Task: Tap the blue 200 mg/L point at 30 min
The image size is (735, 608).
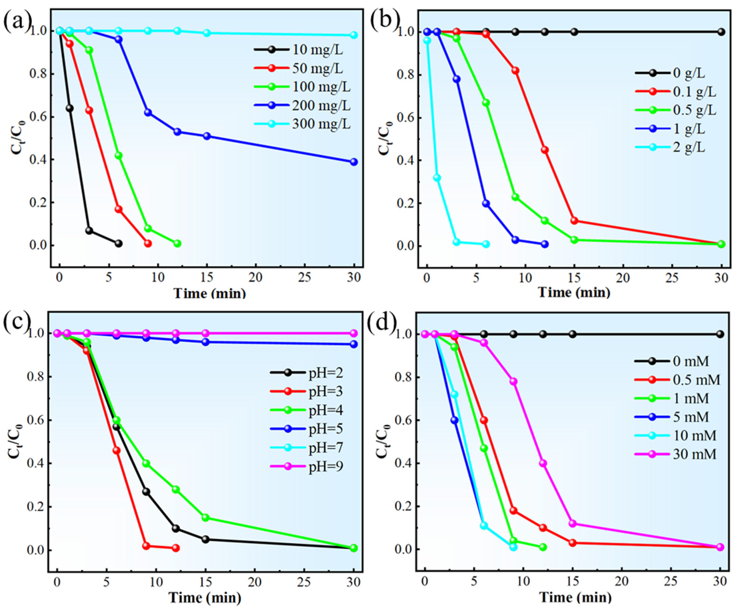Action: [x=354, y=162]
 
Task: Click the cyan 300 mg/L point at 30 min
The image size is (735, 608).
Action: [x=354, y=35]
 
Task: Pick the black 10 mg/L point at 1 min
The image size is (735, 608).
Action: [x=70, y=108]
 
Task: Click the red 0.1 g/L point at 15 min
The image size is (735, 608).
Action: [x=574, y=221]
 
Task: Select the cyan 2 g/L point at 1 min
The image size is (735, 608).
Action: [x=437, y=178]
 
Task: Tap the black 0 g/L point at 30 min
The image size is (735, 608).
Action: [x=721, y=32]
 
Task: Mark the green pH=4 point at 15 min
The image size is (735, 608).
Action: [x=206, y=518]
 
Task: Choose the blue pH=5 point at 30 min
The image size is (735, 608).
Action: [x=354, y=344]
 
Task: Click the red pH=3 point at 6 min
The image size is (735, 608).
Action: [x=117, y=451]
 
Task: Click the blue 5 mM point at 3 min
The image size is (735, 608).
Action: [x=454, y=420]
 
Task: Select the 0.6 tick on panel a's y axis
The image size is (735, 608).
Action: [x=37, y=117]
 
